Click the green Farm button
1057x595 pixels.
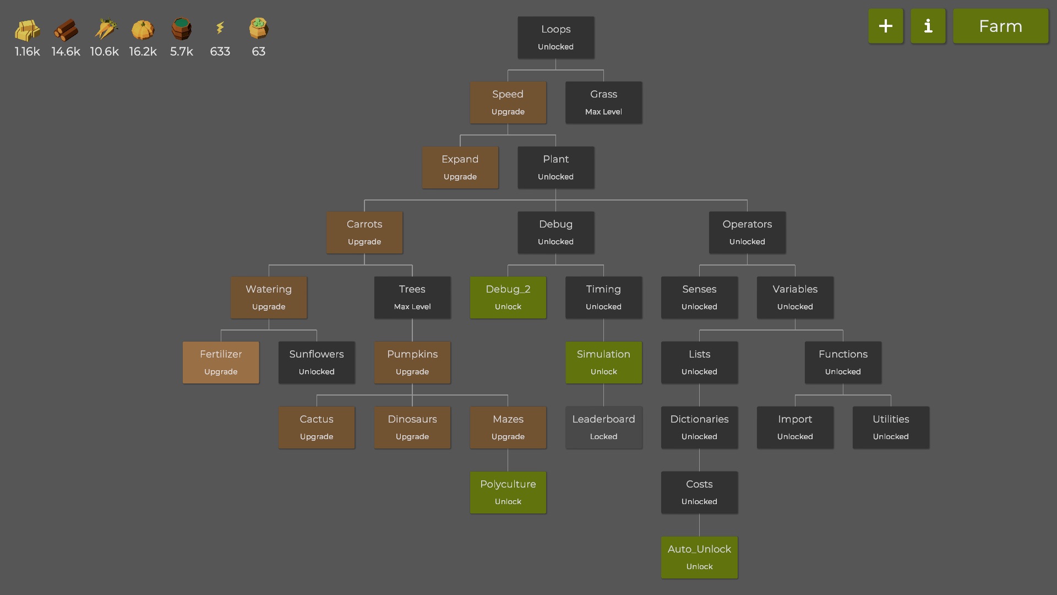click(1000, 26)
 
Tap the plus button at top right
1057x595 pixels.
click(885, 26)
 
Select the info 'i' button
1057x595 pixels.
click(928, 26)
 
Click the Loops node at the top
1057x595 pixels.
click(555, 37)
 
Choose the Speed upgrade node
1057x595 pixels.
click(508, 102)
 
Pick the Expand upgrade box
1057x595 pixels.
click(460, 167)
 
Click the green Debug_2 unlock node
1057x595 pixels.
click(508, 297)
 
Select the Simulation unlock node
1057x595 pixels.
click(603, 362)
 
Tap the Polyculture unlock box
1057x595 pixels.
click(508, 492)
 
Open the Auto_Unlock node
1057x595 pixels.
click(699, 557)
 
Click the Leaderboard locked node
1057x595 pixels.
click(603, 427)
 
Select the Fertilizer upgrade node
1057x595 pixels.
click(221, 362)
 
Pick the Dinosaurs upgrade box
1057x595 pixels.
click(412, 427)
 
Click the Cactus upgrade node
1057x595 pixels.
click(317, 427)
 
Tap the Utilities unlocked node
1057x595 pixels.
click(890, 427)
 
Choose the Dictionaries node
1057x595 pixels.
click(699, 427)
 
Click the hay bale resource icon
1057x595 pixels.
click(27, 30)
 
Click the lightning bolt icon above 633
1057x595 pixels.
click(220, 28)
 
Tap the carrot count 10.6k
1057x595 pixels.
click(104, 52)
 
